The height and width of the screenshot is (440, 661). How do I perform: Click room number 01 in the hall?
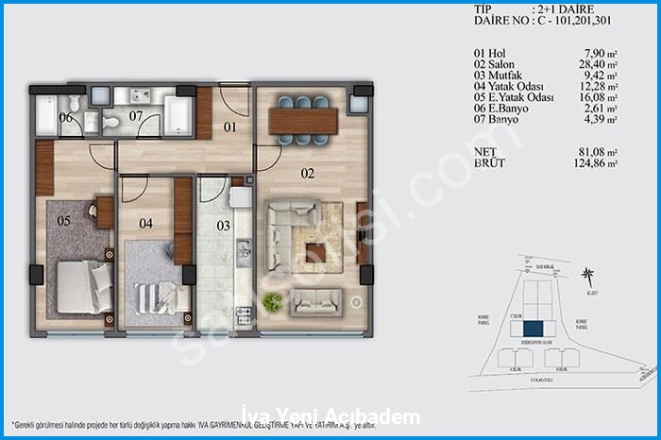pos(229,127)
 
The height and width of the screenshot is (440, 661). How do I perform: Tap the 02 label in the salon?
pos(280,174)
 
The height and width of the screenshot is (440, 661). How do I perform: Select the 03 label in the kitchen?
pos(223,226)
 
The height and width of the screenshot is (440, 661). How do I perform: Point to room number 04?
pos(146,224)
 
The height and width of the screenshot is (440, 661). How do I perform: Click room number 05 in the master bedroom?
pos(64,222)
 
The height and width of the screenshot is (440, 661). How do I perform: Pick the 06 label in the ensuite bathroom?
pos(66,118)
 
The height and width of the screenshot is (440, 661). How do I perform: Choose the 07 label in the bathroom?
pos(135,116)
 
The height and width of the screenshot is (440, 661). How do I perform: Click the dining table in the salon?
pos(302,120)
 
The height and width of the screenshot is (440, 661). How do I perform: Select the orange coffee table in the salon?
pos(318,251)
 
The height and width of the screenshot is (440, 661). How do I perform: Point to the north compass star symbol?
pos(589,276)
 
